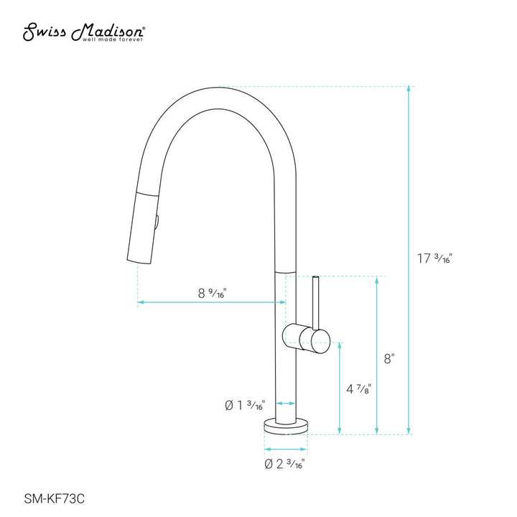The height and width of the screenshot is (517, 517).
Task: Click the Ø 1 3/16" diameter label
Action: point(245,406)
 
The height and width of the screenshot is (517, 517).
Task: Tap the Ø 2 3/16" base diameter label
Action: point(284,464)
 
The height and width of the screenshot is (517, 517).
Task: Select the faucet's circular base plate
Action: point(287,427)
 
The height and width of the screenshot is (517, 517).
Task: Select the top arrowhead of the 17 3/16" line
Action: point(409,90)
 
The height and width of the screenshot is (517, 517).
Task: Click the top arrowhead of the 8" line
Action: point(374,281)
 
